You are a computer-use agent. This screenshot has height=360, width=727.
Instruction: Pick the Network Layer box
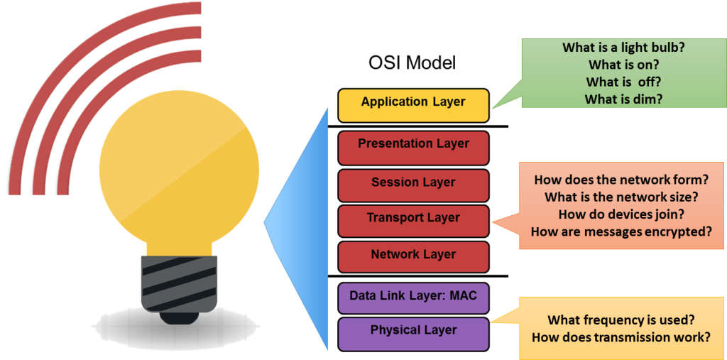(413, 256)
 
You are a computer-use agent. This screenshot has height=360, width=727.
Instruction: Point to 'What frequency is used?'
(621, 320)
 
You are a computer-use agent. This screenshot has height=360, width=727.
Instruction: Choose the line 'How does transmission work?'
(621, 337)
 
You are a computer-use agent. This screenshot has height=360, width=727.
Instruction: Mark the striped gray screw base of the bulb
(178, 284)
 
